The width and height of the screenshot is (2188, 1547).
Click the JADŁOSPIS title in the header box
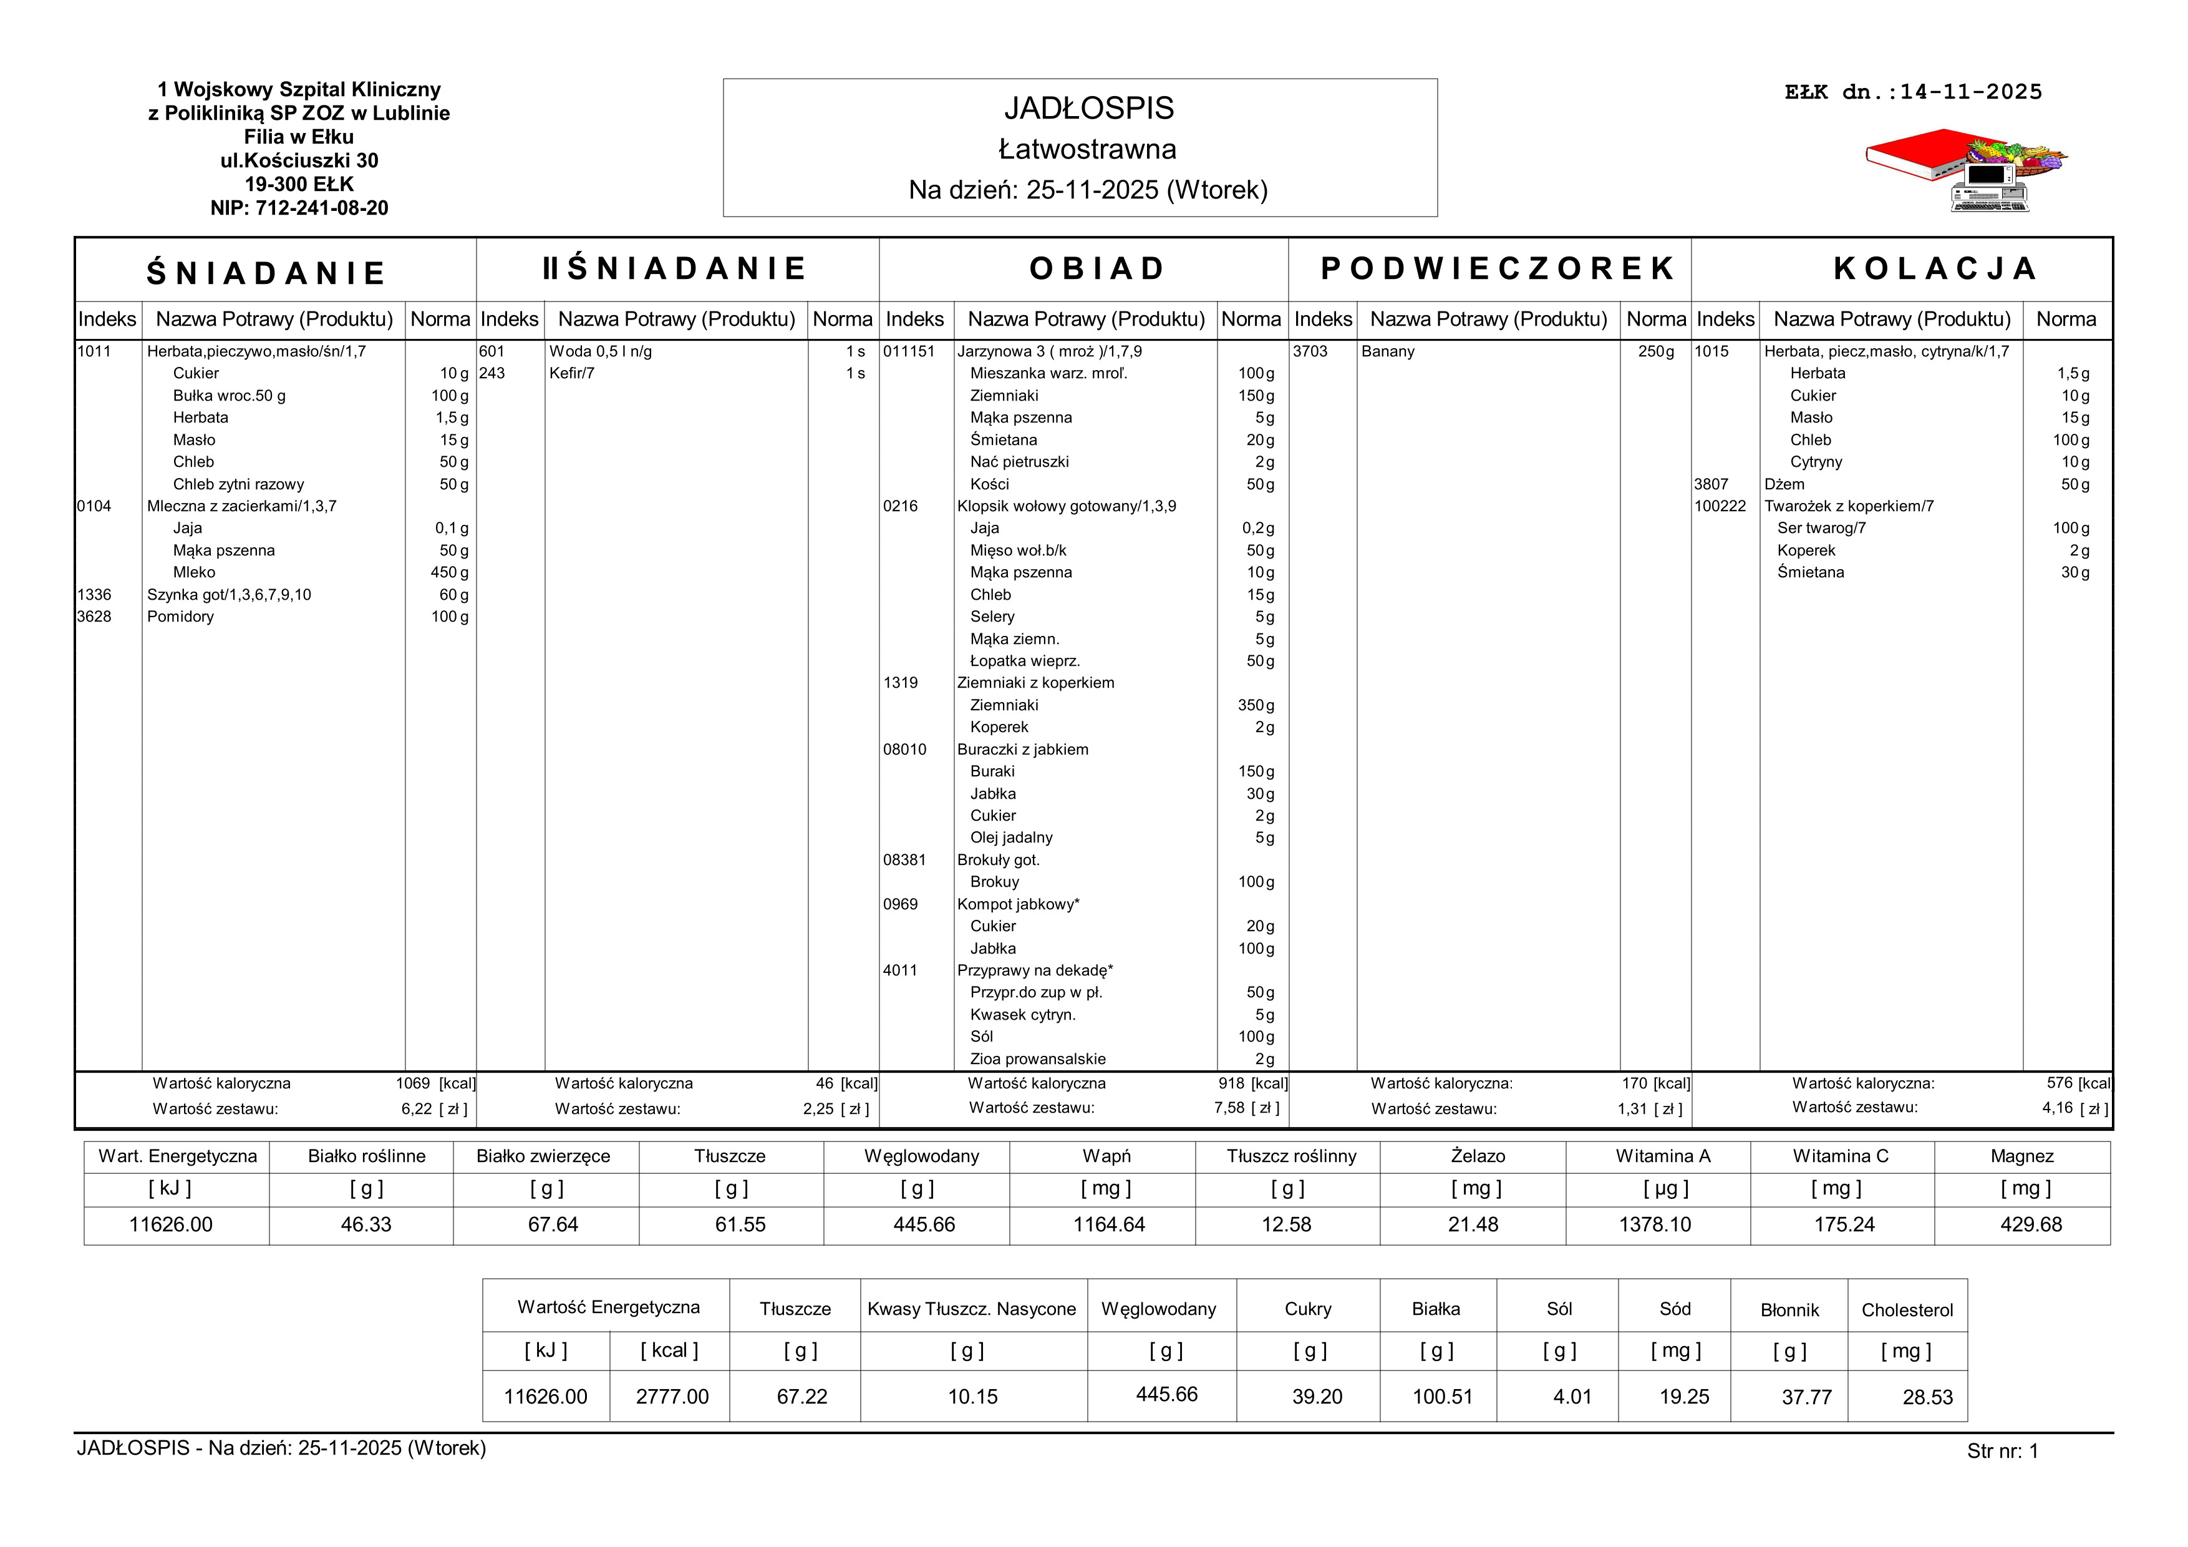(1088, 109)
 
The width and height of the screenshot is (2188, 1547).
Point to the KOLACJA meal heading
(1935, 269)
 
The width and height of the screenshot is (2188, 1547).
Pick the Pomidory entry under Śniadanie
(180, 617)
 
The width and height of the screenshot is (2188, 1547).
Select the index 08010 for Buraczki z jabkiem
(904, 750)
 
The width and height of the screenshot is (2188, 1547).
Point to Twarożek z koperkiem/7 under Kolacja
(1849, 506)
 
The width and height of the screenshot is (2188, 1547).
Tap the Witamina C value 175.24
(1844, 1225)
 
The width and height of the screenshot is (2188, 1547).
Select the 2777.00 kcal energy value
(672, 1397)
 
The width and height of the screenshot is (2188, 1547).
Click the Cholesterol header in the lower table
(1907, 1310)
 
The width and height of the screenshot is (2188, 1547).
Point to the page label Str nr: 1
(2002, 1452)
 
